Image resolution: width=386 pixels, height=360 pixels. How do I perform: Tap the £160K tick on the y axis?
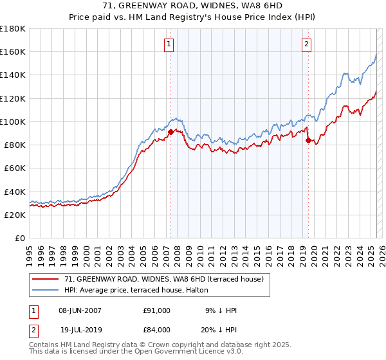click(13, 51)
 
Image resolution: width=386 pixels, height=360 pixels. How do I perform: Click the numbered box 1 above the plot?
click(169, 44)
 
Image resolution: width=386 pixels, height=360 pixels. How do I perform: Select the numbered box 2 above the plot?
click(306, 44)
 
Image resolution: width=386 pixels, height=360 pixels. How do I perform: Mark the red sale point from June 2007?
click(170, 132)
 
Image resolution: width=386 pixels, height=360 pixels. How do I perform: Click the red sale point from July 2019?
click(308, 140)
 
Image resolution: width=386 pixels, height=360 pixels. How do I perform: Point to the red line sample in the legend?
click(46, 279)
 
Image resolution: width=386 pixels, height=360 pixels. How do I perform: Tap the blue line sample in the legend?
click(46, 289)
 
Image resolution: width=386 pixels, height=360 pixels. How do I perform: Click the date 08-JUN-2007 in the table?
click(80, 310)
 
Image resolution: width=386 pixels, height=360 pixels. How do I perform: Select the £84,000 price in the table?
click(157, 329)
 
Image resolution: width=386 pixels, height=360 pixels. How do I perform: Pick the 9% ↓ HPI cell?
click(221, 310)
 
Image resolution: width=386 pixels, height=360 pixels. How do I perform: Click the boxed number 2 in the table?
click(33, 329)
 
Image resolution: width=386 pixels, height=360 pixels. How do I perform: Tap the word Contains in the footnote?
click(46, 346)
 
